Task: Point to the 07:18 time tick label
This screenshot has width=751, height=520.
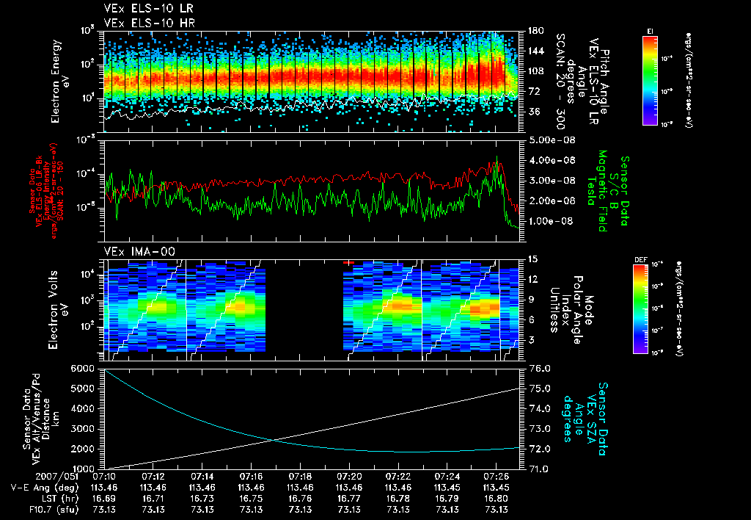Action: tap(300, 476)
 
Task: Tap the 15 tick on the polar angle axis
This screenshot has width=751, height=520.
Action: tap(533, 259)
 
